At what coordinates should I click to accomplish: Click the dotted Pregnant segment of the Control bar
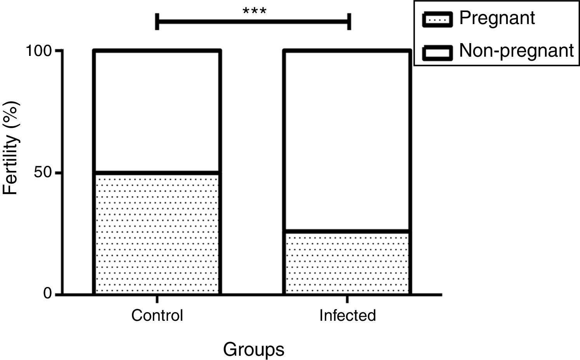[x=157, y=233]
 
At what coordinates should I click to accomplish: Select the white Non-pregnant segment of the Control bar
[x=157, y=111]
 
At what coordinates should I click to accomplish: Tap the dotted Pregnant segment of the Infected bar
[x=347, y=263]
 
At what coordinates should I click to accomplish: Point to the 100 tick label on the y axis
[x=39, y=51]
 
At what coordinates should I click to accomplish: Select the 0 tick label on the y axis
[x=47, y=294]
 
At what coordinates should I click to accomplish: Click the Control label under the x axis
[x=157, y=315]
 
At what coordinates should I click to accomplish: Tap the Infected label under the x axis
[x=347, y=315]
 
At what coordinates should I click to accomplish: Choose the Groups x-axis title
[x=254, y=350]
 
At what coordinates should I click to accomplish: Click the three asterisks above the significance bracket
[x=254, y=11]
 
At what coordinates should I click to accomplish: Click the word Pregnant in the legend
[x=497, y=18]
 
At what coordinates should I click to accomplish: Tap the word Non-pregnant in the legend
[x=516, y=51]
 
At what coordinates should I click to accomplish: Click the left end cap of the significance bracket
[x=157, y=21]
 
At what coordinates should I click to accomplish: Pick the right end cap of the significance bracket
[x=349, y=21]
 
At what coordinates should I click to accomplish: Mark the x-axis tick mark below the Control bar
[x=157, y=299]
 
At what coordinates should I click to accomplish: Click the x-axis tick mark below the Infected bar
[x=347, y=299]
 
